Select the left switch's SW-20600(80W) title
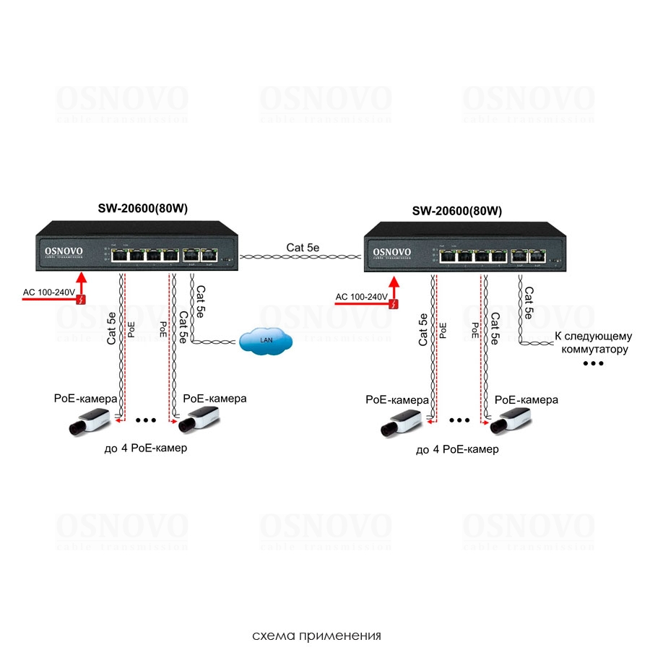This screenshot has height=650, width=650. point(148,208)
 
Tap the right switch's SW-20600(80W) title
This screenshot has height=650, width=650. point(456,211)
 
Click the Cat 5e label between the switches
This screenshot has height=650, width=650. point(303,247)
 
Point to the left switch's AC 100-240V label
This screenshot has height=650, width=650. point(49,292)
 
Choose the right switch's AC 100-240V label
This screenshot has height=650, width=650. point(362,297)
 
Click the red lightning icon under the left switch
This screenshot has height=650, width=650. point(83,299)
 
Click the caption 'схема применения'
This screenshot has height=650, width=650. point(316,636)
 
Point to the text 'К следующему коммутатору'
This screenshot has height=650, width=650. point(593,342)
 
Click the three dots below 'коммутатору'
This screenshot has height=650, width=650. point(593,363)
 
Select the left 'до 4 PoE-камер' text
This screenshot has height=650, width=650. point(145,448)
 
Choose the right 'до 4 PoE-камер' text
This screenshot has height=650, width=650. point(457,449)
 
